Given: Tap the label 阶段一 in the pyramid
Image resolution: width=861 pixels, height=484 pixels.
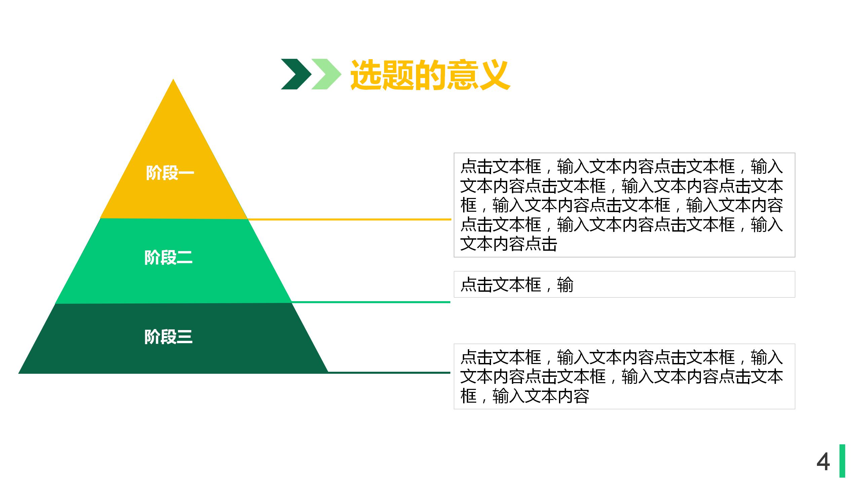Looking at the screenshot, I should pyautogui.click(x=170, y=173).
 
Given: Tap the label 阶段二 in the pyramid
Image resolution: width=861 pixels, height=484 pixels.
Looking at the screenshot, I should pyautogui.click(x=168, y=258).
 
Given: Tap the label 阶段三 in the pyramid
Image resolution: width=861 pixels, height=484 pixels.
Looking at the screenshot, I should pyautogui.click(x=168, y=337).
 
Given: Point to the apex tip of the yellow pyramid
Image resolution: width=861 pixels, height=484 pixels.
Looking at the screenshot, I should pyautogui.click(x=173, y=81).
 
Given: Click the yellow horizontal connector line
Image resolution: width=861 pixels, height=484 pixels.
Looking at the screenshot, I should pyautogui.click(x=350, y=219).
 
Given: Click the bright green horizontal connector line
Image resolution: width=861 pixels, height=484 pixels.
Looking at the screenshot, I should pyautogui.click(x=370, y=302).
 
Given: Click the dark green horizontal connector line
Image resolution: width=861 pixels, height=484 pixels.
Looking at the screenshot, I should pyautogui.click(x=388, y=372).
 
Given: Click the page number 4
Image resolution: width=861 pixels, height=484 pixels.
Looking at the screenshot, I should pyautogui.click(x=823, y=462).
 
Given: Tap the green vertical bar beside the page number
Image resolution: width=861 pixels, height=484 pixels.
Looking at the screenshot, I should pyautogui.click(x=842, y=461).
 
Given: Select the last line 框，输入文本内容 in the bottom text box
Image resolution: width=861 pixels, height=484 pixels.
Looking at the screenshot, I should pyautogui.click(x=525, y=396).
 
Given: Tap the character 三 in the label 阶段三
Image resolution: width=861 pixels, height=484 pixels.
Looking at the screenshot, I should pyautogui.click(x=184, y=337).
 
